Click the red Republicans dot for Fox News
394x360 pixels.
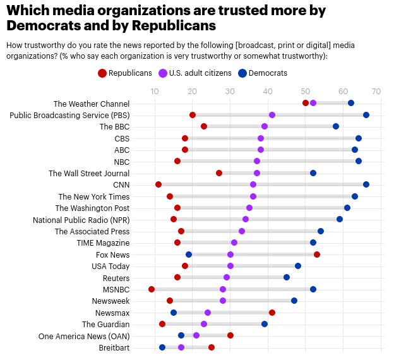[x=317, y=255]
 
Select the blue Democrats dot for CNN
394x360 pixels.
[x=366, y=184]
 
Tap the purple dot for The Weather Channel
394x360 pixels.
[x=313, y=103]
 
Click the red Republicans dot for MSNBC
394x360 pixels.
[x=152, y=289]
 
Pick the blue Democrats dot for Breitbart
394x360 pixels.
[x=162, y=347]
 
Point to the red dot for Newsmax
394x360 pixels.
[x=272, y=313]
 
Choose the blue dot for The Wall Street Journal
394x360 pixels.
[x=313, y=173]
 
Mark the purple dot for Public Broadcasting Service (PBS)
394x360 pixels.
[x=272, y=115]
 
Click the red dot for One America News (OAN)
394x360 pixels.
[x=230, y=335]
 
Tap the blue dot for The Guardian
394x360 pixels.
[x=265, y=324]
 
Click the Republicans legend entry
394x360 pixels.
[x=125, y=73]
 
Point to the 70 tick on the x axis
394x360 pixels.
[x=377, y=92]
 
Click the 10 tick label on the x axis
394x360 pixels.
[x=155, y=92]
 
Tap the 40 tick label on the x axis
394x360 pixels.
[x=268, y=92]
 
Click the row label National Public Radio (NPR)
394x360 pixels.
[x=81, y=220]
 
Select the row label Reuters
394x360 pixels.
[x=116, y=278]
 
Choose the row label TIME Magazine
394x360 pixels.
[x=104, y=243]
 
